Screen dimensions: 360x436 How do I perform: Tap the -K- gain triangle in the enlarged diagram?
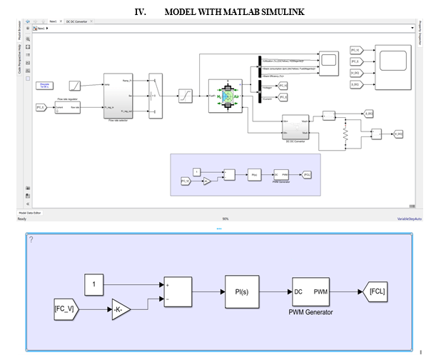(x=119, y=311)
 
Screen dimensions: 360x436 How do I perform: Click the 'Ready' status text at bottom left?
(x=21, y=219)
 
